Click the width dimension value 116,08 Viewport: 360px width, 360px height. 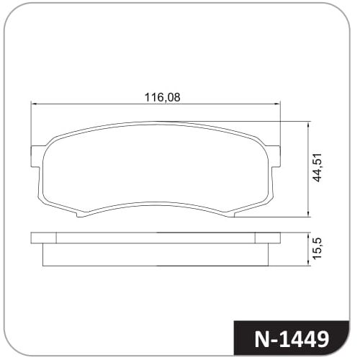click(162, 97)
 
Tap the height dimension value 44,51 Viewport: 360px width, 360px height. click(318, 167)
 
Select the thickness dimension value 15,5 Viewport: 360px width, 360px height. click(318, 248)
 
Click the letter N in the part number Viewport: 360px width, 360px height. click(262, 339)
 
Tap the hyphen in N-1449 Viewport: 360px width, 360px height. click(275, 341)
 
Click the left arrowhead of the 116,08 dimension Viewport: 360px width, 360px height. click(34, 104)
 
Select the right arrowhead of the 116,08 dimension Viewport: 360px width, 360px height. click(277, 104)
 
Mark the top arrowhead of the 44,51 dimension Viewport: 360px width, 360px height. click(308, 125)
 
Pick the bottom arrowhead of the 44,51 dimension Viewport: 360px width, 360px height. click(308, 214)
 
